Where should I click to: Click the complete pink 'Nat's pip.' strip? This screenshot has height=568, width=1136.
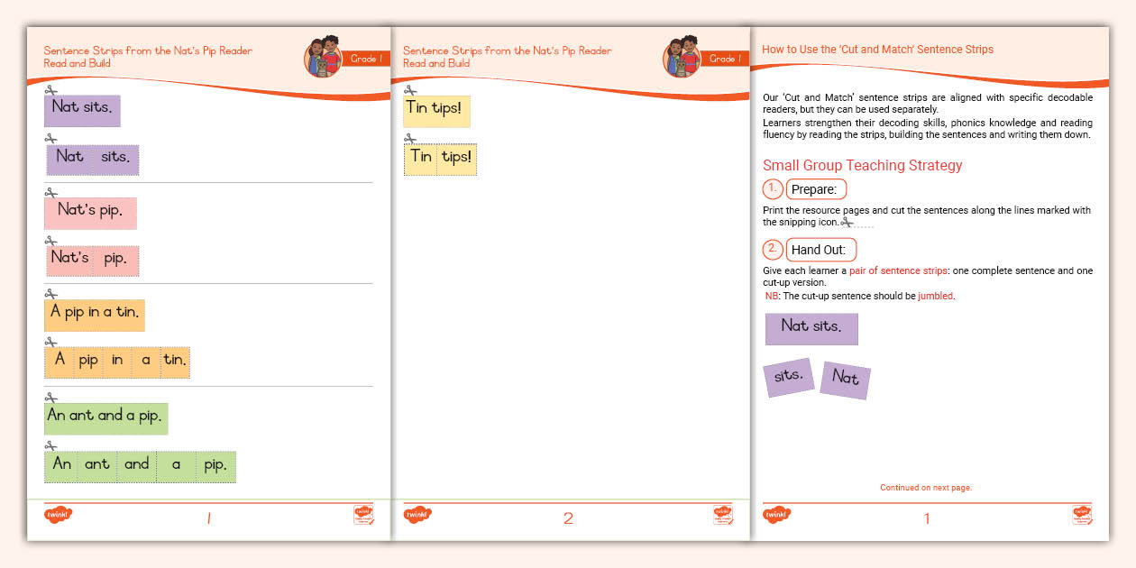[90, 213]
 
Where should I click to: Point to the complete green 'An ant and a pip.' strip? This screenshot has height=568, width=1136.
[105, 418]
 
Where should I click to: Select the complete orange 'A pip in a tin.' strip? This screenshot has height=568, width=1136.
[94, 315]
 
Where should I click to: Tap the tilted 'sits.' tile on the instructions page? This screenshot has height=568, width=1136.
[789, 377]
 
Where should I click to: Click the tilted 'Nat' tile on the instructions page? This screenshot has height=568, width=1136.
[845, 380]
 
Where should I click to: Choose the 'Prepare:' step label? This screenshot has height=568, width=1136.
[816, 189]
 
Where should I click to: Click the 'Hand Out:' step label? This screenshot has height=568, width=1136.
[821, 250]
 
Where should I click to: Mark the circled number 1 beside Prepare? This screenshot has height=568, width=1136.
[773, 189]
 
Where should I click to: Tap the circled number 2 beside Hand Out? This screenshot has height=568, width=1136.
[773, 250]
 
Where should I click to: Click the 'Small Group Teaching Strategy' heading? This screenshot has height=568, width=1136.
[862, 165]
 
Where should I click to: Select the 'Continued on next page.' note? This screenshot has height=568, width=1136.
[926, 488]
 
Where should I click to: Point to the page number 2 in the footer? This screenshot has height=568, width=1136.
[568, 518]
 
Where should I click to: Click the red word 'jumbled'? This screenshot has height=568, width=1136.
[936, 296]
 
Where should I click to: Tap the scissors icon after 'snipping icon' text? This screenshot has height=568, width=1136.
[847, 222]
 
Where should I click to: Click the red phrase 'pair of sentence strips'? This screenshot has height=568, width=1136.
[898, 271]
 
